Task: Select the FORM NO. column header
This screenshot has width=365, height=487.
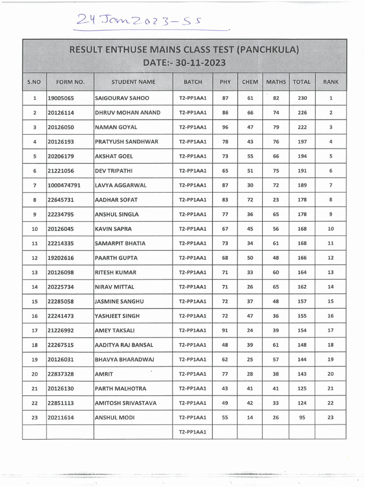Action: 70,82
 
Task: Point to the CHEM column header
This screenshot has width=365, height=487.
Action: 250,82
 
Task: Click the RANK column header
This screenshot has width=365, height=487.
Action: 330,82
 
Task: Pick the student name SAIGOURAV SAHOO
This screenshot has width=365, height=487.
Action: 122,98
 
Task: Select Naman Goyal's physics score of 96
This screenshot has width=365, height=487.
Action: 225,127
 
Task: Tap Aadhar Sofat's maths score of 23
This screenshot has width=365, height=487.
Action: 276,200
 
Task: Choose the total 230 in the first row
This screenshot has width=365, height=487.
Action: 302,98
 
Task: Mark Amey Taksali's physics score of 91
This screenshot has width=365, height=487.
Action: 225,331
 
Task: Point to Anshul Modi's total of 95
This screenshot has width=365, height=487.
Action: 302,418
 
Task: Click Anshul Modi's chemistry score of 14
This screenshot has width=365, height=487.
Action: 250,418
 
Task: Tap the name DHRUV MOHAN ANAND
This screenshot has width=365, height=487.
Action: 128,113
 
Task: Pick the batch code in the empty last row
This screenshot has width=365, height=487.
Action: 192,432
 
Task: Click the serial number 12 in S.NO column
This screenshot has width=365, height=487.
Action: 34,258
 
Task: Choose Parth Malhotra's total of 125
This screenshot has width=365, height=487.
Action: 302,389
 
